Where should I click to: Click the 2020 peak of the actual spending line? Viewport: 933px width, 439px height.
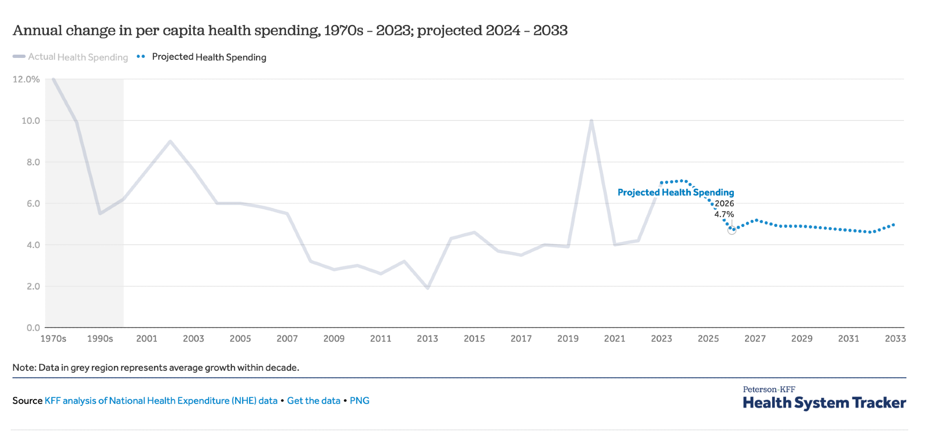tap(591, 120)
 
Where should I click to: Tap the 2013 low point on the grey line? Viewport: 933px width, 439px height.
tap(428, 288)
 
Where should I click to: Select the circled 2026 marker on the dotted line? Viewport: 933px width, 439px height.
tap(732, 230)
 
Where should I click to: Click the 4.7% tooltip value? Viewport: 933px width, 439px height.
tap(724, 214)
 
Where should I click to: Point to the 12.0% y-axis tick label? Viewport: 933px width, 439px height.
tap(26, 79)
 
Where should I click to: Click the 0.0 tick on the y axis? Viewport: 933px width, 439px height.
tap(33, 328)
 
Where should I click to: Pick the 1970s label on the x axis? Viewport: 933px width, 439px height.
tap(53, 339)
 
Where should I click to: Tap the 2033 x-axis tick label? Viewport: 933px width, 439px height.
tap(895, 339)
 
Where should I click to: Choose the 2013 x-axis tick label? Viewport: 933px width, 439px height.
tap(427, 339)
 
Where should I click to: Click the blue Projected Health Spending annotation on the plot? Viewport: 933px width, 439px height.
tap(675, 192)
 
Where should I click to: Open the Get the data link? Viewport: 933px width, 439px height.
tap(313, 401)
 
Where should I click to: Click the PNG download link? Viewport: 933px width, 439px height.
tap(360, 401)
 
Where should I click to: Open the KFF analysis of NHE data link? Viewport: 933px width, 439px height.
tap(161, 401)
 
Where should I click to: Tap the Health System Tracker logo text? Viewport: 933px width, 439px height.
tap(824, 403)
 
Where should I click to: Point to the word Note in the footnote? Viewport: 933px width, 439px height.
tap(23, 368)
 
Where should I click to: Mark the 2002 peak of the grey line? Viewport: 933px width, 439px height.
tap(170, 141)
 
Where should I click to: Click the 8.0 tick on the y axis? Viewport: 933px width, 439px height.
tap(33, 162)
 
